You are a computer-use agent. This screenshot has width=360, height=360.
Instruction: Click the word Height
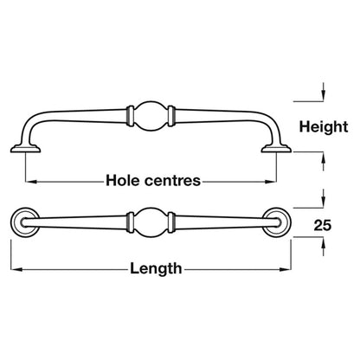[324, 127]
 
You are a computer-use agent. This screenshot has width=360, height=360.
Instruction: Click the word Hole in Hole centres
[123, 181]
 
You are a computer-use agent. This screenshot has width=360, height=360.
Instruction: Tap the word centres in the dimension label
[172, 181]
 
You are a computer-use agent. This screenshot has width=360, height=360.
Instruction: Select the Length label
[156, 269]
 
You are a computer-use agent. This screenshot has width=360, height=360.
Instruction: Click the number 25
[323, 225]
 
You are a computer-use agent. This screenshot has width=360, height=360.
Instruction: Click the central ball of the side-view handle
[151, 116]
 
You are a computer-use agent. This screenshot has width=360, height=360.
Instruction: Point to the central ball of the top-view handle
[151, 222]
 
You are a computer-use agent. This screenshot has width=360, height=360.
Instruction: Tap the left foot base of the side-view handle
[25, 149]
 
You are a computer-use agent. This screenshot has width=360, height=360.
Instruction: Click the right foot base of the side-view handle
[276, 149]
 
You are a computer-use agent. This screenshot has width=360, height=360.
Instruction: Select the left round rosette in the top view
[25, 222]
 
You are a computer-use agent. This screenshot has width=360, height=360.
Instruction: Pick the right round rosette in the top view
[277, 222]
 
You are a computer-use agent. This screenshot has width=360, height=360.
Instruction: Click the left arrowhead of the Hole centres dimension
[31, 182]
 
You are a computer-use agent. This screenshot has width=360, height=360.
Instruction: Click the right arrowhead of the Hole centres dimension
[271, 182]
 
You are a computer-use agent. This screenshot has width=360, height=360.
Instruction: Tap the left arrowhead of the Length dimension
[16, 270]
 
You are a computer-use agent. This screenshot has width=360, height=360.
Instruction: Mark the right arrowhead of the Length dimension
[286, 270]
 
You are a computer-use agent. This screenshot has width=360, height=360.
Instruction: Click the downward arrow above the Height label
[324, 92]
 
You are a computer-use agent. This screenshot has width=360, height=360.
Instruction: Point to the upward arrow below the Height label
[324, 162]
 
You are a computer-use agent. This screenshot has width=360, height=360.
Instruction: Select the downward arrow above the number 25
[324, 198]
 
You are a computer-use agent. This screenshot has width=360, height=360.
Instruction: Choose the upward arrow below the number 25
[324, 247]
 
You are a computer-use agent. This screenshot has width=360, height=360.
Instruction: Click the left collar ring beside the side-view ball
[131, 116]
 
